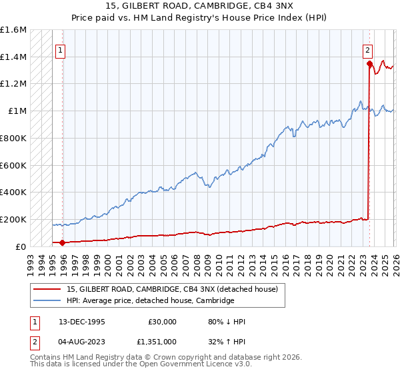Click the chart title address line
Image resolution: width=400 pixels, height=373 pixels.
[x=200, y=5]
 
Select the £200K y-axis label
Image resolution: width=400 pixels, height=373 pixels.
[x=13, y=219]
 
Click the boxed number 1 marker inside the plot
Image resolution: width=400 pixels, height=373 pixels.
[x=61, y=49]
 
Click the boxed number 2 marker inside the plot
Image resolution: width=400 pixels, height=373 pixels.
[x=367, y=49]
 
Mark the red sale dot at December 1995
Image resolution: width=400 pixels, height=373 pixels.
[x=63, y=242]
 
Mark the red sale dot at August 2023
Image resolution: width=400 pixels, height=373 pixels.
[x=369, y=64]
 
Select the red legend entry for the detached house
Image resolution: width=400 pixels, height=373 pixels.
[x=176, y=289]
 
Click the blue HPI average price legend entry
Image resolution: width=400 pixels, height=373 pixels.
[x=150, y=300]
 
